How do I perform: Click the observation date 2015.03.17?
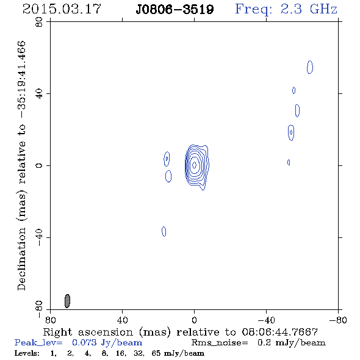point(62,9)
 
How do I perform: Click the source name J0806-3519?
point(175,10)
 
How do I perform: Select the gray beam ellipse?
point(67,301)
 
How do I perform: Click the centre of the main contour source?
point(194,165)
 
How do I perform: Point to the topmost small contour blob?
point(310,67)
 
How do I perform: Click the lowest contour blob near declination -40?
point(164,231)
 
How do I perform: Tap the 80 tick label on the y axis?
point(39,22)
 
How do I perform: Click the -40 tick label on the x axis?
point(266,320)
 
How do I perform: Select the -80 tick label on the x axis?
point(338,320)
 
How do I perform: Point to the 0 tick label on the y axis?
point(39,165)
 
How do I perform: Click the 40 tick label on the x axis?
point(122,320)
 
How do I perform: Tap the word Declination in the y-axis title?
point(21,259)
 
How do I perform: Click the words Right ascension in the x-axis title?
point(88,332)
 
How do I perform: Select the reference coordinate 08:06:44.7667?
point(280,332)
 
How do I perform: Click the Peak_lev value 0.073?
point(84,342)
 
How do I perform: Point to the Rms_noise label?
point(220,343)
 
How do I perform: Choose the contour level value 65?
point(156,353)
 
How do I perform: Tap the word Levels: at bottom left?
point(27,353)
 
